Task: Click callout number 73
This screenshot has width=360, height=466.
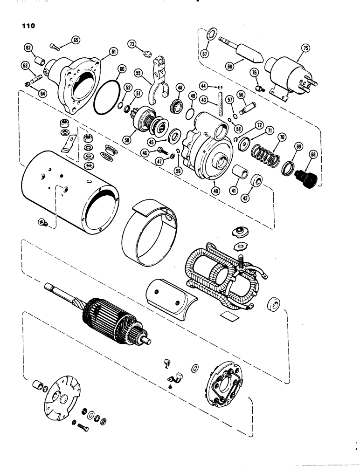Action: (132, 44)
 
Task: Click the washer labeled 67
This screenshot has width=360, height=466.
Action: (210, 34)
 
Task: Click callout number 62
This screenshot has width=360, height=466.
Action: (28, 48)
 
